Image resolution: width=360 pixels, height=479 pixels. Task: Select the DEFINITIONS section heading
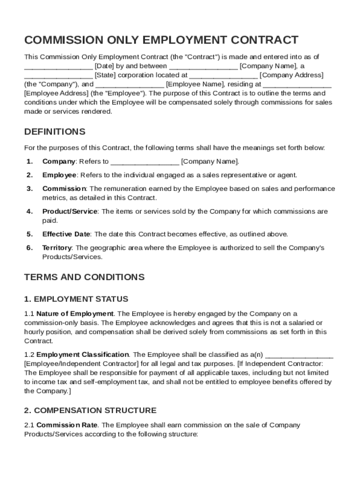tap(55, 131)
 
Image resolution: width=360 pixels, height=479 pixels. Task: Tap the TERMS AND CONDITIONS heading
tap(84, 277)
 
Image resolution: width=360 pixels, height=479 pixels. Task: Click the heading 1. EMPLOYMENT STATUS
tap(76, 299)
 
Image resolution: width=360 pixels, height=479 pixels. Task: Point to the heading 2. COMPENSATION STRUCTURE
tap(90, 410)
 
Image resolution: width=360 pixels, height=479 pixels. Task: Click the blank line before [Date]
tap(58, 66)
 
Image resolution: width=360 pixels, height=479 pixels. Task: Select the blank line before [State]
tap(58, 75)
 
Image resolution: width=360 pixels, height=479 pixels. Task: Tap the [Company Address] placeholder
tap(291, 75)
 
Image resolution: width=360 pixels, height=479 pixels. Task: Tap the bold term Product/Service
tap(70, 211)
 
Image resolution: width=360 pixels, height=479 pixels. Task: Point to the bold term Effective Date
tap(66, 234)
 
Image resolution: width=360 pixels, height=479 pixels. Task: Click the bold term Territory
tap(57, 247)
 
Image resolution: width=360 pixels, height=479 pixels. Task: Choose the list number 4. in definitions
tap(29, 211)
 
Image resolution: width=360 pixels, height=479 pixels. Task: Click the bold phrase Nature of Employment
tap(75, 313)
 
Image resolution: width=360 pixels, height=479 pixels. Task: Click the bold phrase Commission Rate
tap(67, 425)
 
